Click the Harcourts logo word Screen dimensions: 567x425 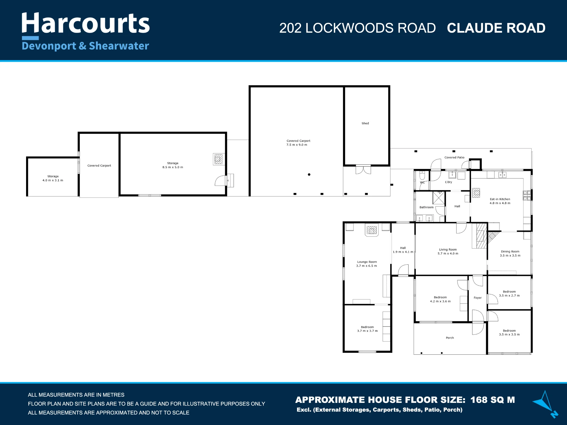coord(86,23)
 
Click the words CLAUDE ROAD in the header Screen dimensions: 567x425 coord(496,28)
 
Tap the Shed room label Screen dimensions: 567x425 coord(365,123)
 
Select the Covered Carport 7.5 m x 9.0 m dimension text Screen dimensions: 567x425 coord(297,145)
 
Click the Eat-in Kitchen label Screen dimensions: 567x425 coord(500,199)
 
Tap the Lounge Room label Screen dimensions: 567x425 coord(367,262)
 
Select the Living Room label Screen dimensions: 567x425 coord(448,250)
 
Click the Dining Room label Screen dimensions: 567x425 coord(510,251)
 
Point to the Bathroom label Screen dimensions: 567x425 coord(426,207)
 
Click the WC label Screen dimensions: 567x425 coord(422,182)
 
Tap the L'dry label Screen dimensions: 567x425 coord(448,182)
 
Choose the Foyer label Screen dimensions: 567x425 coord(477,298)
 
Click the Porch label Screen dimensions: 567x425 coord(450,338)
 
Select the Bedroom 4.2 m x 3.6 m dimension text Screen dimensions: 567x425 coord(440,301)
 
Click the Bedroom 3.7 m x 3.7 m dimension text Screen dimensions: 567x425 coord(367,331)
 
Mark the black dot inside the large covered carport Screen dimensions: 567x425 coord(309,175)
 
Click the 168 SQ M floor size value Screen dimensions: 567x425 coord(493,400)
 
